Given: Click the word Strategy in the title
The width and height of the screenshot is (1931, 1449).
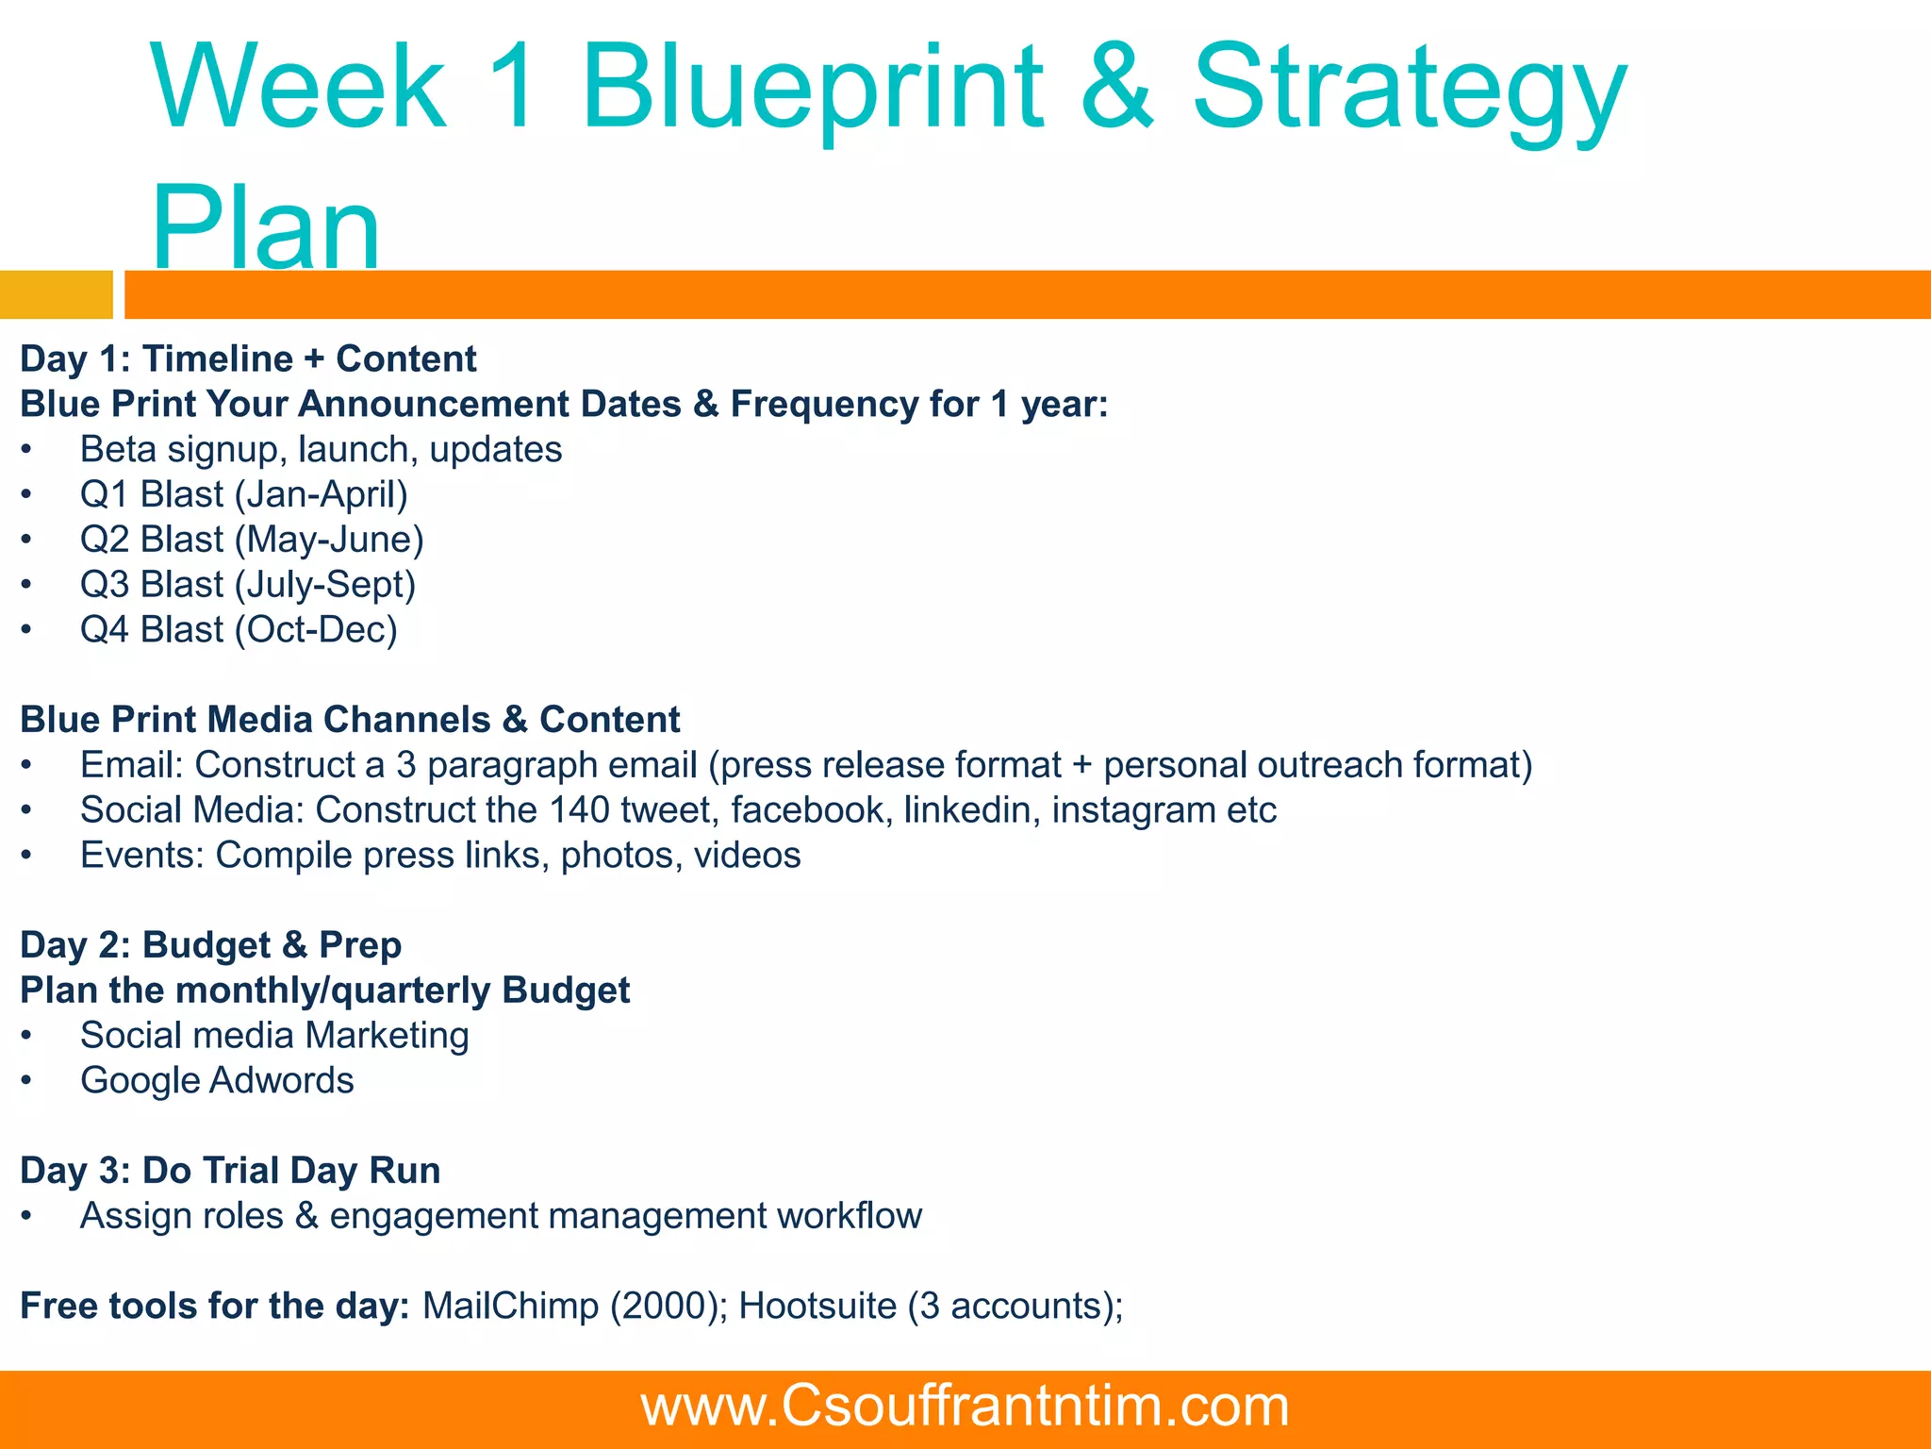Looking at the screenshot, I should (1409, 90).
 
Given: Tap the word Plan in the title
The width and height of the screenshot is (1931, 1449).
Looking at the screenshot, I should (266, 226).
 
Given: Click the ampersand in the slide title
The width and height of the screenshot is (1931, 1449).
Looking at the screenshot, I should (1117, 87).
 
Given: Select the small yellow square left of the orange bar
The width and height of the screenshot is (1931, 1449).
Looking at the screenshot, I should (56, 294).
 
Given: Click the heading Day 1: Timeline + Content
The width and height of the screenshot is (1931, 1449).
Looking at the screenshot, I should (248, 359).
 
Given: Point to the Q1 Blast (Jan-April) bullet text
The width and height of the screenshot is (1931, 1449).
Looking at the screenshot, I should (243, 494).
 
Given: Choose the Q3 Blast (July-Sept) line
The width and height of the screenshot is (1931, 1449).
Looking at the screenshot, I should (247, 585).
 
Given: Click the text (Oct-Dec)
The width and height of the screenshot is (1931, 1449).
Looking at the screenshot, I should (316, 629).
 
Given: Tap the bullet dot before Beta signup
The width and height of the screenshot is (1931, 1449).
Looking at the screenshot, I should (26, 451).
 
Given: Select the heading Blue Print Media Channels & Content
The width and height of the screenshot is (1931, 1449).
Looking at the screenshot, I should (350, 720).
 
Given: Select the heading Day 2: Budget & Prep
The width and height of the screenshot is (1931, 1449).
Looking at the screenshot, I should (211, 945).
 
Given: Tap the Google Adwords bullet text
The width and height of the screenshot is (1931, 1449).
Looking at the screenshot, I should (217, 1081).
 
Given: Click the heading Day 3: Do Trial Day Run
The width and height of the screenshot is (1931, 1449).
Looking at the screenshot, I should (230, 1171).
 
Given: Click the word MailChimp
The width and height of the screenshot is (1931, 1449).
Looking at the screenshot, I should (510, 1307).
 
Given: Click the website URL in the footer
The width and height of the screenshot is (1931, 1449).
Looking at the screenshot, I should (965, 1407).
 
